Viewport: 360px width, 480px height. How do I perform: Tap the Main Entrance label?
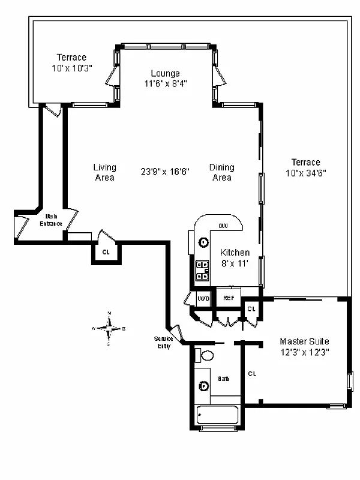coord(51,220)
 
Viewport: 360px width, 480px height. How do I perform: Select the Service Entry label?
coord(163,342)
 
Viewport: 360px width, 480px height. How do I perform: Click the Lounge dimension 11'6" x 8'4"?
coord(165,83)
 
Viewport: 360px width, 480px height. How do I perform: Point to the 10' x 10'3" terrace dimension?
coord(71,68)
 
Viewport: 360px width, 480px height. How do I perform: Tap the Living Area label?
coord(104,172)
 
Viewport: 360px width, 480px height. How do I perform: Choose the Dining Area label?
coord(222,172)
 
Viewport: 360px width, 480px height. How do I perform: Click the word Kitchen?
coord(235,253)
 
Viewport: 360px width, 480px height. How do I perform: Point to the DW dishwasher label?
coord(223,226)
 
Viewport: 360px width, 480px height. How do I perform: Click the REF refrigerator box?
coord(229,298)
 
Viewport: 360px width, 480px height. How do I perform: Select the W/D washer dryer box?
coord(204,298)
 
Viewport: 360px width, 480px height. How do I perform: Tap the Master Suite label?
coord(304,341)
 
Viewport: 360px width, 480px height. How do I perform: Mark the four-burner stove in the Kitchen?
coord(202,271)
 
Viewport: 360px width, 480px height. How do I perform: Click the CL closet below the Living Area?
coord(106,253)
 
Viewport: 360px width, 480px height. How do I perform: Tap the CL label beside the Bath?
coord(252,373)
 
